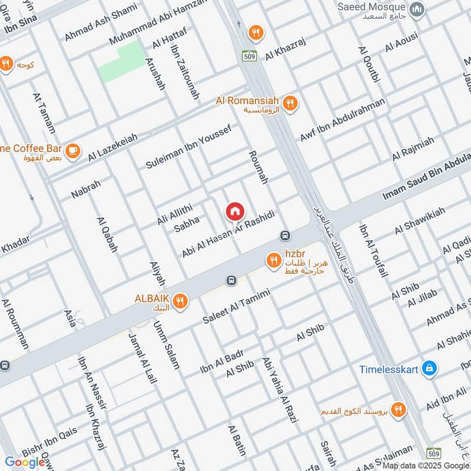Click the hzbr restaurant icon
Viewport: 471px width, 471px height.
pos(273,260)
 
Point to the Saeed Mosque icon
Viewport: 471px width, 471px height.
pos(417,10)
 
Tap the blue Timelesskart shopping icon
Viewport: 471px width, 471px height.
pos(431,369)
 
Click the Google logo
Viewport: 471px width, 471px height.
pos(25,462)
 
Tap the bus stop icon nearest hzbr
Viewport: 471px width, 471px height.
pos(286,235)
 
